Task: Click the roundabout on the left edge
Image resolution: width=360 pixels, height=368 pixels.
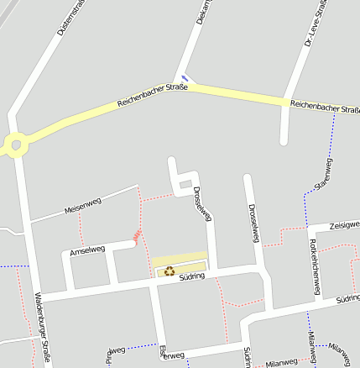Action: click(x=13, y=145)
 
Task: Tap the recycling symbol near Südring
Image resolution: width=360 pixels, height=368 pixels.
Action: click(x=170, y=271)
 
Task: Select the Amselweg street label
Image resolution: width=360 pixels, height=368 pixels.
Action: click(x=87, y=250)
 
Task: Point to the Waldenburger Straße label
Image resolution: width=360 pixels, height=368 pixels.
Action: click(x=41, y=328)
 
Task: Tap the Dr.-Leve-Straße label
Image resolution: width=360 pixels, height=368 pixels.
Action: click(x=311, y=21)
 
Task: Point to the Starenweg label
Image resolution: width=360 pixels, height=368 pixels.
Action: click(x=323, y=173)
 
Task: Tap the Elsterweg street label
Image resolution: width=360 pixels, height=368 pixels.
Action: click(x=171, y=355)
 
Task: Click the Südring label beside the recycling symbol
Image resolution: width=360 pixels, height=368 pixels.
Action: click(x=192, y=276)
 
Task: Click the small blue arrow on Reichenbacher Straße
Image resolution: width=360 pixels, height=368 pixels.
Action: click(x=185, y=80)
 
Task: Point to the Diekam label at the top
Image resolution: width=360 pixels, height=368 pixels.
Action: click(x=201, y=10)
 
